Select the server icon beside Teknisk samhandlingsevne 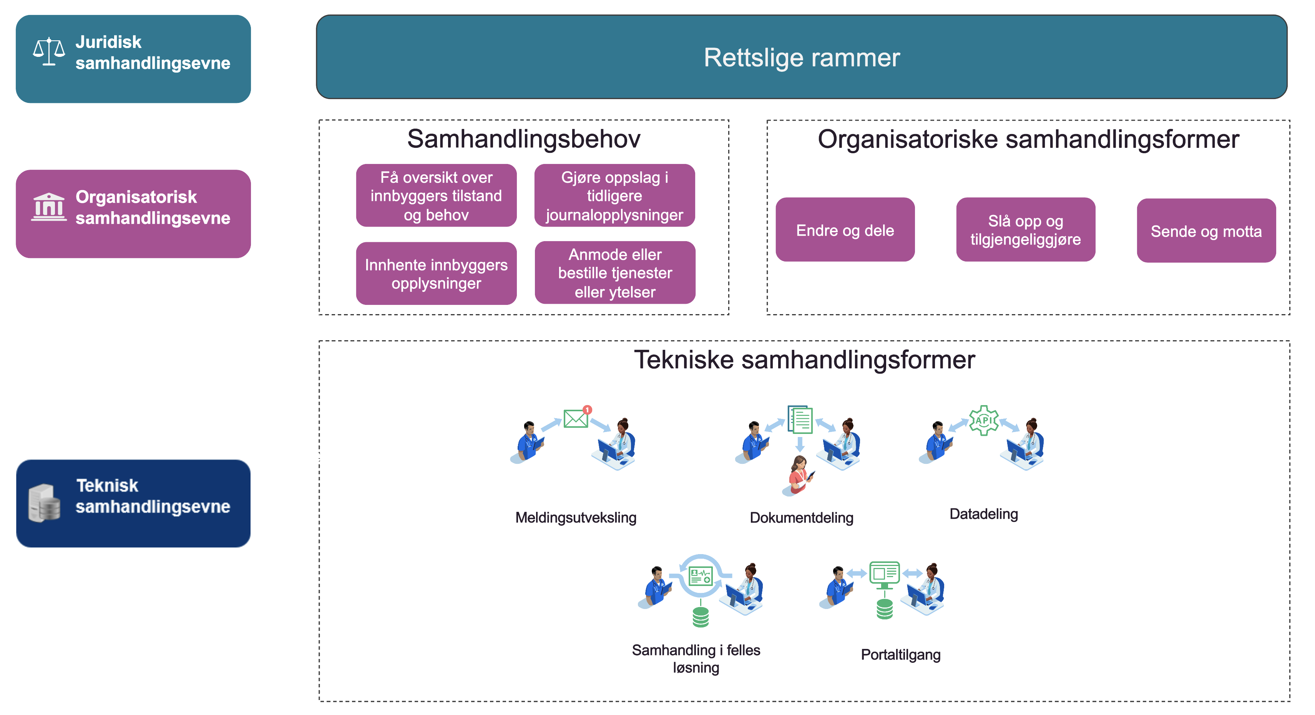pos(45,503)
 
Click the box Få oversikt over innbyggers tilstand pos(436,196)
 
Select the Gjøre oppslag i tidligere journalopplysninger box pos(614,196)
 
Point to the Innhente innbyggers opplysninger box pos(436,273)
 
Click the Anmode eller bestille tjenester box pos(614,273)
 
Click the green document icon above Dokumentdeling pos(800,419)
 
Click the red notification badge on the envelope pos(588,409)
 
